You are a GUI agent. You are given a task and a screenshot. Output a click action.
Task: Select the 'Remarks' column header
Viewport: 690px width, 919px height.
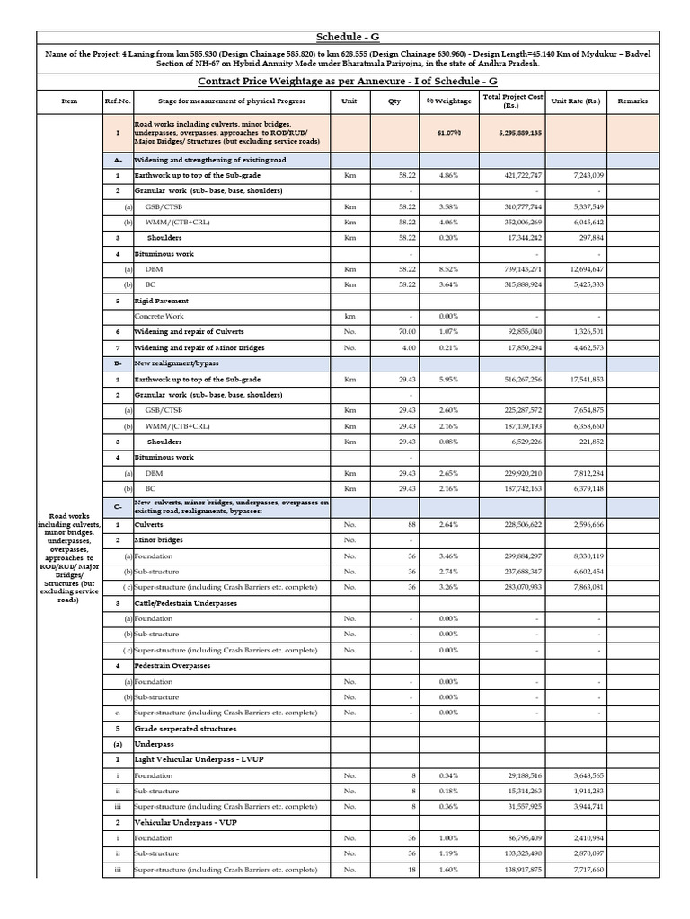pyautogui.click(x=632, y=101)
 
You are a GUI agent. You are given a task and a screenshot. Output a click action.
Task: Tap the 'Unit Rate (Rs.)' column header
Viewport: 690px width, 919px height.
pyautogui.click(x=575, y=101)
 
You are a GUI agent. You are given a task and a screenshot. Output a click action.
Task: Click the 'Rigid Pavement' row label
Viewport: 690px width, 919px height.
pyautogui.click(x=162, y=301)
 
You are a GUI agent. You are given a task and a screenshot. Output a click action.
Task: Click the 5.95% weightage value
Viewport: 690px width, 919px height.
pyautogui.click(x=448, y=380)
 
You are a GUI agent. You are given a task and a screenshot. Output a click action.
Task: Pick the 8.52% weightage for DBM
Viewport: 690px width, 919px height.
pyautogui.click(x=448, y=269)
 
